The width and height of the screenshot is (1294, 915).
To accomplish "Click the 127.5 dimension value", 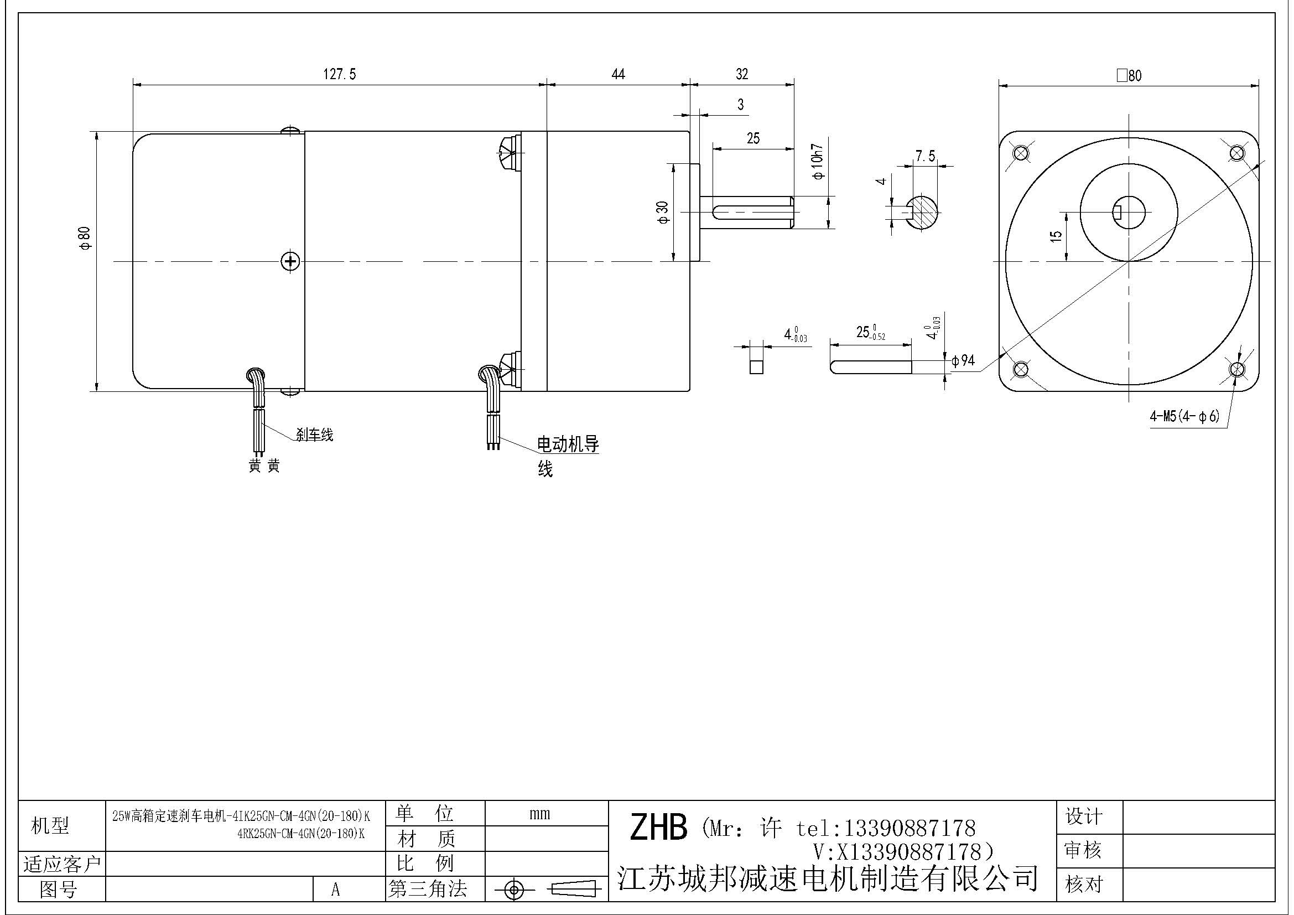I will [339, 74].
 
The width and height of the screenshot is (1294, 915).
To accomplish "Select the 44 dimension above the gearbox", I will [618, 74].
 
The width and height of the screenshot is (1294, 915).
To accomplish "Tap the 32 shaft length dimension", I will [742, 74].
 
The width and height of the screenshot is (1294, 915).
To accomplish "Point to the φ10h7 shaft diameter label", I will [818, 162].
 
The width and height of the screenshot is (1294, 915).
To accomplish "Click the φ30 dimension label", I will [663, 213].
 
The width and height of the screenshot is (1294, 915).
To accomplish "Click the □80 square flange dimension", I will [1129, 75].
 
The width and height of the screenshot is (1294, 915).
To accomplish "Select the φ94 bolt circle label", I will [963, 360].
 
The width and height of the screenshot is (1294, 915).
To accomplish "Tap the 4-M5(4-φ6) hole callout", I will [1184, 417].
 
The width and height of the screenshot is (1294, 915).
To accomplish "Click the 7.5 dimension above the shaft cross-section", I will [926, 156].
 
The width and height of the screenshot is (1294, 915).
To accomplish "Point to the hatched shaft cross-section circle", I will [922, 213].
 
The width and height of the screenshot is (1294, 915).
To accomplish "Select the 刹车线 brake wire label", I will [314, 435].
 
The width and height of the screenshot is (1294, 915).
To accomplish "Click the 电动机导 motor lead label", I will [568, 444].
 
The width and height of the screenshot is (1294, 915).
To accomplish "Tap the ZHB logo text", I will [658, 828].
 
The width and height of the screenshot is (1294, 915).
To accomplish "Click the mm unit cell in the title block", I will [539, 814].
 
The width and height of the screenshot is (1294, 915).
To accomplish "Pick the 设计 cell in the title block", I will [1083, 816].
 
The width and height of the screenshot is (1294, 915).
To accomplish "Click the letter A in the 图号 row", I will [335, 890].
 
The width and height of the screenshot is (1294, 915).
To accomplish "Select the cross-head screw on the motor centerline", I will [290, 261].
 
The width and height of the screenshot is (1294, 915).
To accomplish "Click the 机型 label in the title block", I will [50, 825].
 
